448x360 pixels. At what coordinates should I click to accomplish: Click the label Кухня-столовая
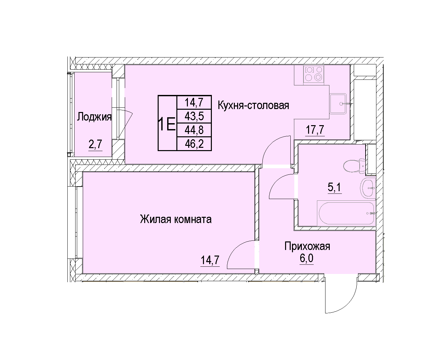coord(253,105)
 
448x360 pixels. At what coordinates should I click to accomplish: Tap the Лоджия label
coord(94,117)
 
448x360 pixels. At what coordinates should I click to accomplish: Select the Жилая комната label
coord(176,219)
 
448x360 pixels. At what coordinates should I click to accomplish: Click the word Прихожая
coord(307,247)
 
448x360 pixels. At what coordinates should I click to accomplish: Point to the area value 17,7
coord(315,130)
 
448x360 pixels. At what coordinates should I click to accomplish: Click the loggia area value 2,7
coord(95,144)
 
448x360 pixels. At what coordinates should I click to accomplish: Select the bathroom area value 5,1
coord(335,187)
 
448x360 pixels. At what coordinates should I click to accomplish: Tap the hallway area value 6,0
coord(307,259)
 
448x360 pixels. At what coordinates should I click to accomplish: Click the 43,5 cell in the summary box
coord(194,116)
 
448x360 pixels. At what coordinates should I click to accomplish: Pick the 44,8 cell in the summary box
coord(194,130)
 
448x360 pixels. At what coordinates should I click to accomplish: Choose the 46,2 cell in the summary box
coord(194,144)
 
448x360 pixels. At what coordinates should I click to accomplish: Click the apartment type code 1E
coord(167,124)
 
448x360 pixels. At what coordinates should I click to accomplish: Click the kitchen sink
coord(338,104)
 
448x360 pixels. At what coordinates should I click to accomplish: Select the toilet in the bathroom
coord(354,166)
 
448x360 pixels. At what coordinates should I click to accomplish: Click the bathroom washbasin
coord(368,188)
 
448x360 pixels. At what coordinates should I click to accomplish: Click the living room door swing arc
coord(235,249)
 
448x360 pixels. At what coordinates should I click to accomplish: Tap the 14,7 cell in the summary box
coord(194,102)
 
